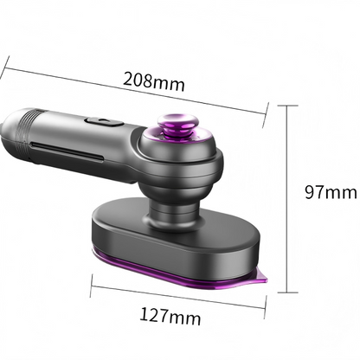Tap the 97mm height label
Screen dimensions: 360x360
(x=331, y=192)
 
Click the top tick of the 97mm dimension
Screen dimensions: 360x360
(x=289, y=106)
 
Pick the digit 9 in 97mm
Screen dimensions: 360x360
(x=310, y=192)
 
